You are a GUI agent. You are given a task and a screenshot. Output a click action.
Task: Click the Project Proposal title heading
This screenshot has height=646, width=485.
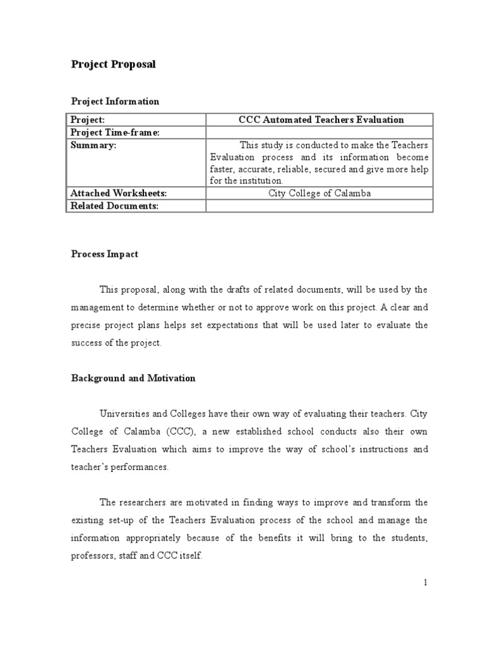(x=112, y=64)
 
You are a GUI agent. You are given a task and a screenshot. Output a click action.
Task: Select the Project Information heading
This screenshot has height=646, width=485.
(x=114, y=101)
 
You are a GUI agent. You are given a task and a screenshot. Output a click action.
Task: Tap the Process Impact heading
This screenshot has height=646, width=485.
(x=104, y=254)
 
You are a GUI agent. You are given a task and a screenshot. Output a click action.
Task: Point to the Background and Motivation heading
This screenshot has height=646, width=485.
(x=133, y=378)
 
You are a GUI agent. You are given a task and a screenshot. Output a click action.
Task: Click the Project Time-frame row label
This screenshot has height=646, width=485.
(x=115, y=132)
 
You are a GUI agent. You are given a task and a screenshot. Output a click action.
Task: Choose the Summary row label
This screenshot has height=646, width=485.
(x=93, y=144)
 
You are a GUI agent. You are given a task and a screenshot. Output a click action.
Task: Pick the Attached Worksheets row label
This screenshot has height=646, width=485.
(x=118, y=193)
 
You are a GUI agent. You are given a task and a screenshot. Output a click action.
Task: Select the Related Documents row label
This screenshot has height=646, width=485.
(x=114, y=206)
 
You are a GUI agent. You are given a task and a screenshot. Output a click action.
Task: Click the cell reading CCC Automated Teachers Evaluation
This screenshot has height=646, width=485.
(x=321, y=120)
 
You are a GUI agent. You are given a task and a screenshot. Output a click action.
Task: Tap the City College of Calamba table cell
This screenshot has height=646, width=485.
(x=320, y=193)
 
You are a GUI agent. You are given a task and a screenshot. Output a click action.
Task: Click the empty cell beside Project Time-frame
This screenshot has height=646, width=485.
(x=320, y=132)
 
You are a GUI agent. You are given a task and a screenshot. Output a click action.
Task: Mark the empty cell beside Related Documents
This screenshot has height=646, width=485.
(x=320, y=206)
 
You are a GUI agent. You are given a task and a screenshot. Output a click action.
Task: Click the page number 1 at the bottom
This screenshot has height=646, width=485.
(x=426, y=582)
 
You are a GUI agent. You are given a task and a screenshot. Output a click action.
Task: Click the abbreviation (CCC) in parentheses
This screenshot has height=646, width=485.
(x=179, y=432)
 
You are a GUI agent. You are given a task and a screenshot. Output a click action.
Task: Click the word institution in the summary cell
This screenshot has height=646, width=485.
(x=246, y=180)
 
